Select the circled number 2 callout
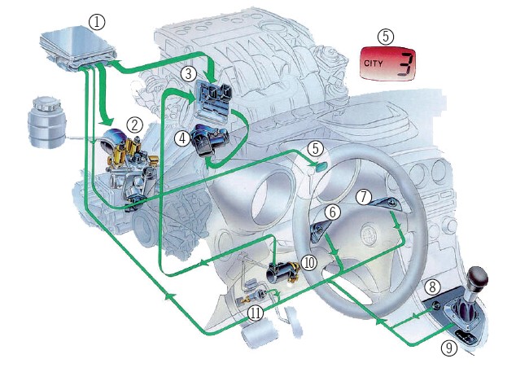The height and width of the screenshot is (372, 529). click(134, 125)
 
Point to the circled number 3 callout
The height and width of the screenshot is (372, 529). click(188, 73)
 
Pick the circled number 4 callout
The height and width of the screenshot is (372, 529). click(182, 138)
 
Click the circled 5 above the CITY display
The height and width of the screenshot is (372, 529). click(385, 36)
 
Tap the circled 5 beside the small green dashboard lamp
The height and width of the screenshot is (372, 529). click(314, 150)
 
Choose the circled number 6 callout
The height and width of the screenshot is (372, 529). click(332, 212)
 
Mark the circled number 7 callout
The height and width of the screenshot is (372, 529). click(364, 196)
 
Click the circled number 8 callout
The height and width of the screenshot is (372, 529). click(433, 287)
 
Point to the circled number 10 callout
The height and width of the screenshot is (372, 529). click(308, 262)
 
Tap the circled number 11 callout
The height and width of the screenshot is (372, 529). click(256, 312)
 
